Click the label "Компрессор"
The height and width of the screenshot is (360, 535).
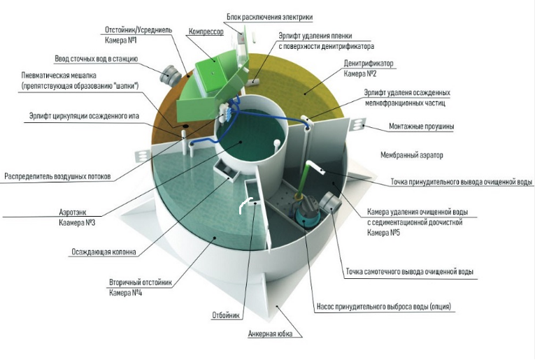(x=206, y=31)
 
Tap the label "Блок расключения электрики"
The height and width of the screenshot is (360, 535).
(x=269, y=17)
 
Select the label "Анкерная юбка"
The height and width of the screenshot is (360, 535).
(x=270, y=333)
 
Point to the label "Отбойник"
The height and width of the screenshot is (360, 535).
(x=226, y=315)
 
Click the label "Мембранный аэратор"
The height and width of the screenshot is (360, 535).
(x=412, y=155)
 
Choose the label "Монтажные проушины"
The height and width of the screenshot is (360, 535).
(x=422, y=127)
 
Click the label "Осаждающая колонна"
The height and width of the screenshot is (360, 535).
(x=104, y=252)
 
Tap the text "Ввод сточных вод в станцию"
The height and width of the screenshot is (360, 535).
(x=97, y=59)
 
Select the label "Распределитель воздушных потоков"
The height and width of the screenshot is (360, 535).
(x=57, y=177)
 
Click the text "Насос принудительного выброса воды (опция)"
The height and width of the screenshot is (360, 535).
(x=384, y=306)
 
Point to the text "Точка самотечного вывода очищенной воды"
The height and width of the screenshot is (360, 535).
(x=409, y=272)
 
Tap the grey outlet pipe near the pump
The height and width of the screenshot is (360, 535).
(x=330, y=203)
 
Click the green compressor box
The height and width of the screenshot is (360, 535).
(x=211, y=72)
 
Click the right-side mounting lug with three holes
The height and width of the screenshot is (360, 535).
(x=357, y=124)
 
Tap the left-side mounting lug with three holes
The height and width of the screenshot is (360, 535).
(x=142, y=156)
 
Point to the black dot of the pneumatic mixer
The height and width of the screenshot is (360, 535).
(x=185, y=127)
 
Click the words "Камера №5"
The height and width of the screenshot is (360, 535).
(x=383, y=233)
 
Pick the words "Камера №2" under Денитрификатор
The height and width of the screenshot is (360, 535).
(x=360, y=74)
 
